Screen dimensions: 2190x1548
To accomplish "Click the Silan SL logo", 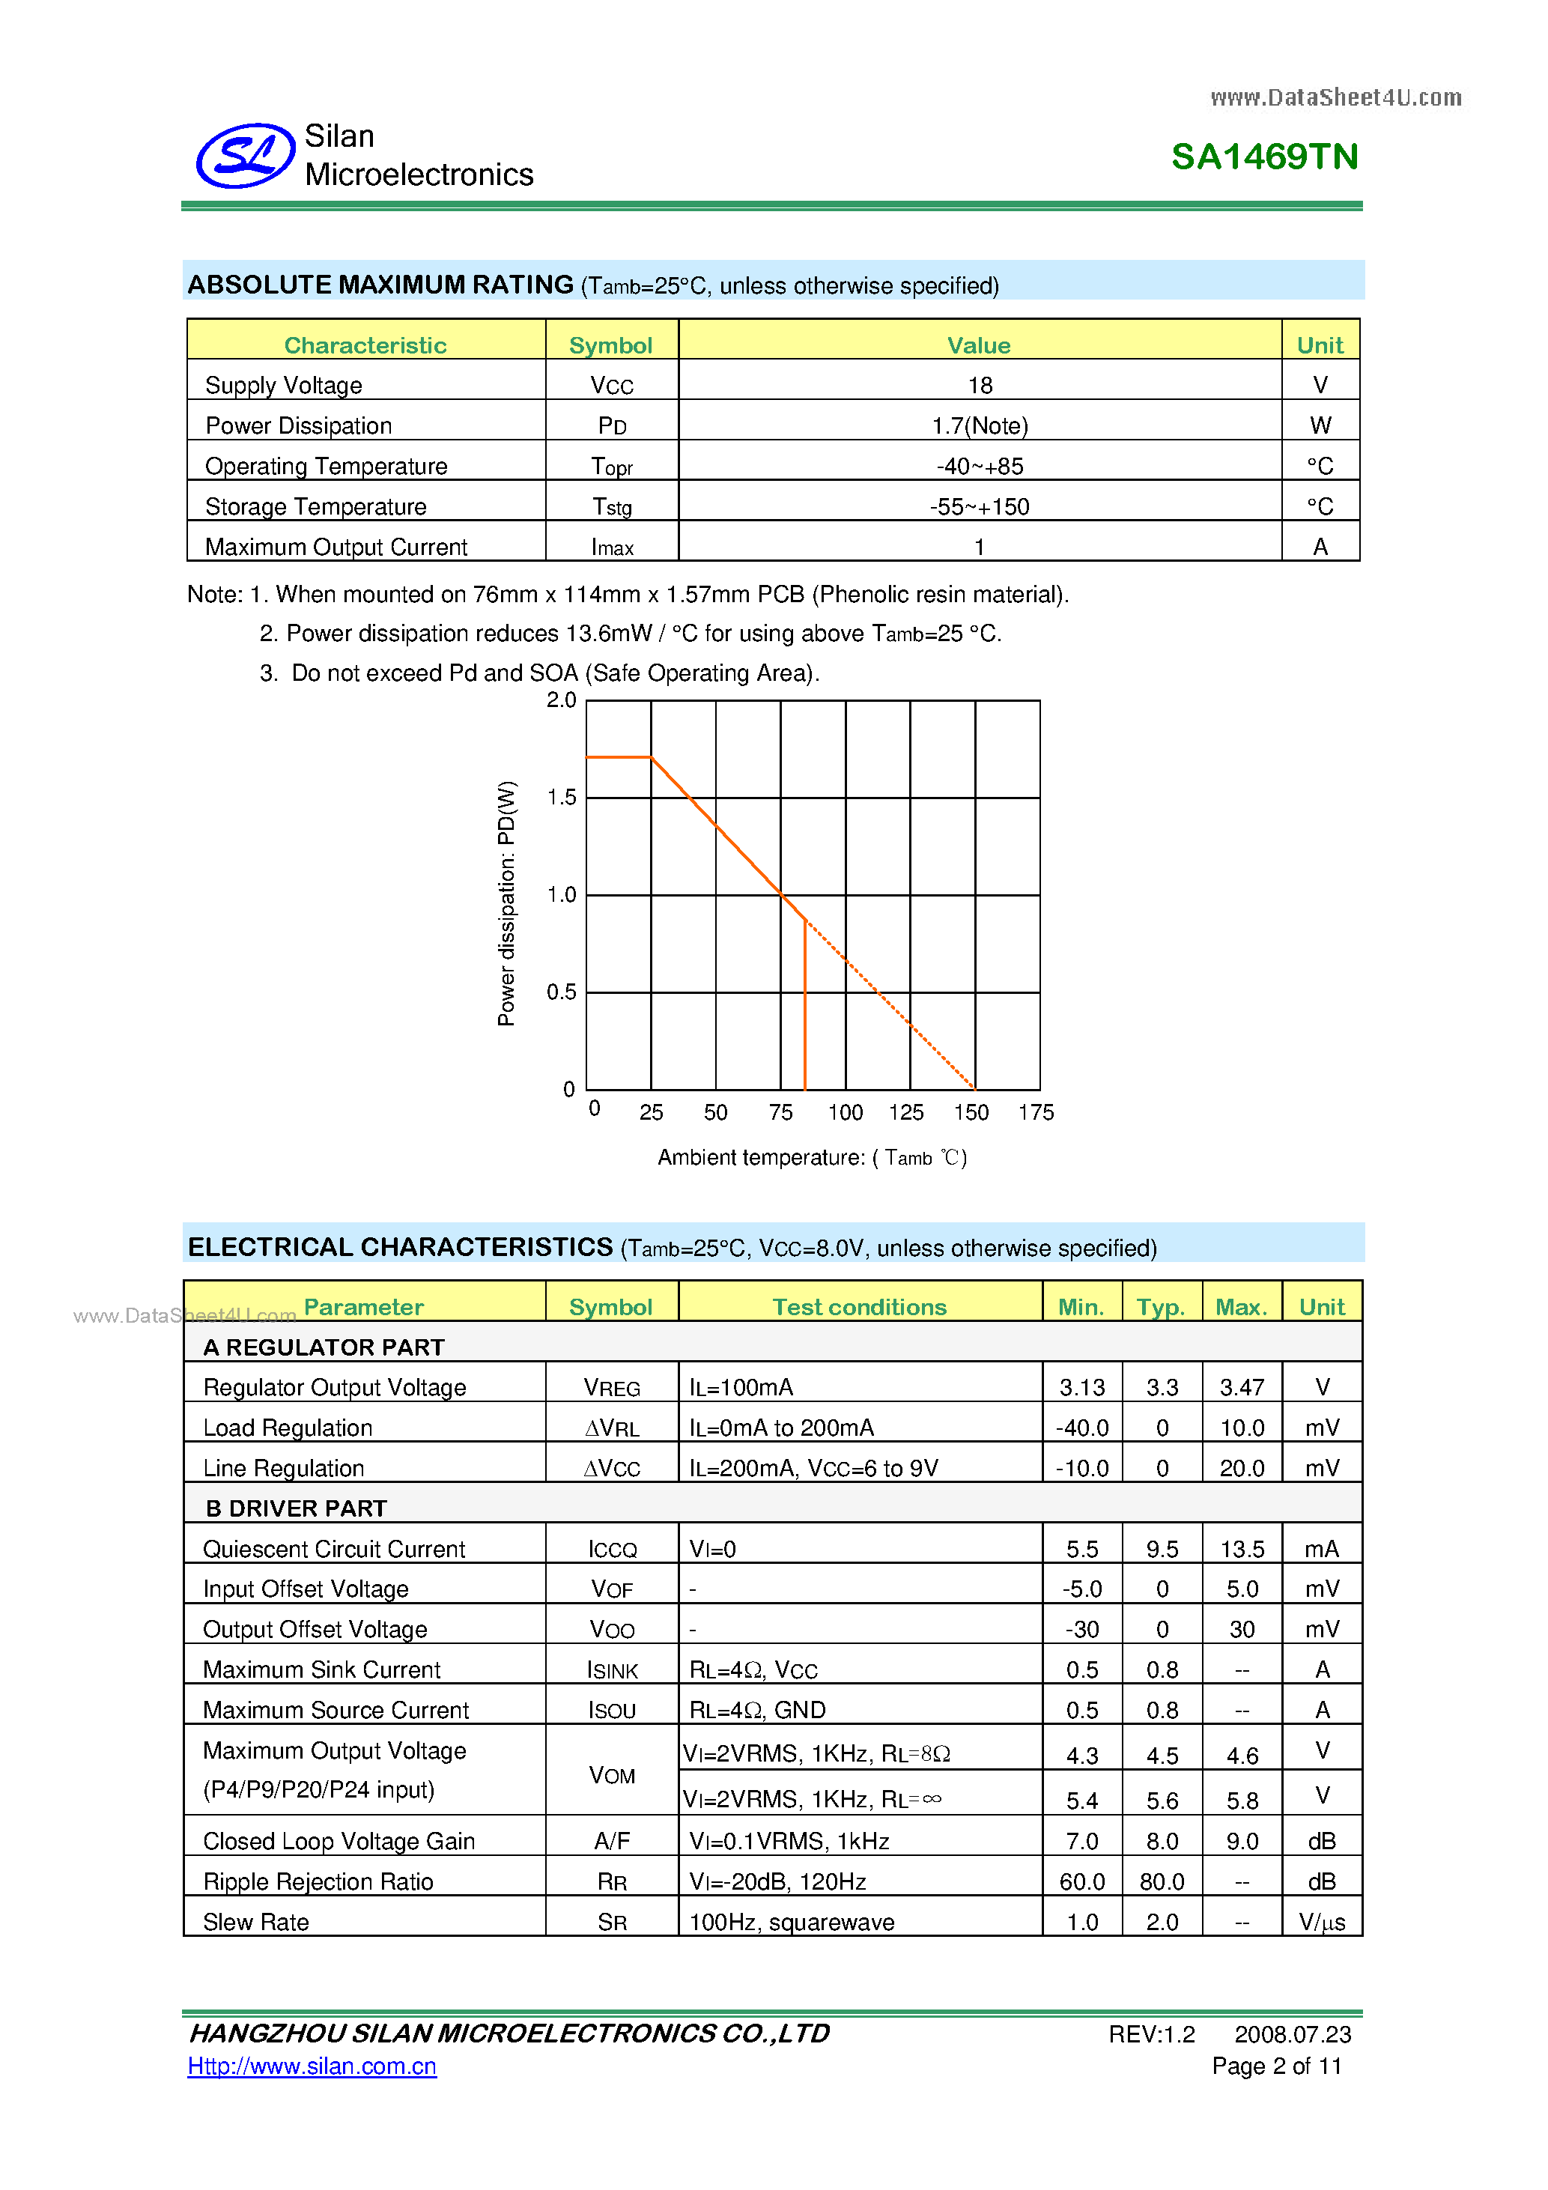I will pos(245,156).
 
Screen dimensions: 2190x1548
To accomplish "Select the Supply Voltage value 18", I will pos(980,386).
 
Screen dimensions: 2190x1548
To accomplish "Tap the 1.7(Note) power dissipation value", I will pos(980,425).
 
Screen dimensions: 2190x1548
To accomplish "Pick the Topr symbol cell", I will pos(611,467).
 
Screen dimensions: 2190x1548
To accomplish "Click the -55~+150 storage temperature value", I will pos(980,506).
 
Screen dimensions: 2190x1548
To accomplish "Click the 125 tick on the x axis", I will pos(906,1112).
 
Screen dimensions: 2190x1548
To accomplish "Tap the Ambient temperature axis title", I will pos(812,1157).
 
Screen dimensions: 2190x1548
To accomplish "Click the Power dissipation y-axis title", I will pos(506,903).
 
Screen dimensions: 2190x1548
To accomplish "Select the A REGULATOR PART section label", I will pos(324,1347).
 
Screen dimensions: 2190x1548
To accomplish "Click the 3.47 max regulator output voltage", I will pos(1242,1387).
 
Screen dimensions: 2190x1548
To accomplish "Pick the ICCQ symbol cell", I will pos(611,1549).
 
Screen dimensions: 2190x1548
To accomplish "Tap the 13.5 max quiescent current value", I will pos(1242,1549).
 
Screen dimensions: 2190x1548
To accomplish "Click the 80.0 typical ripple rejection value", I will pos(1162,1882).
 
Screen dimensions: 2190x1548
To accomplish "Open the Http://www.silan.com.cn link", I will pos(312,2066).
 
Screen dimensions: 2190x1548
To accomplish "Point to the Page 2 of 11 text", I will pos(1276,2066).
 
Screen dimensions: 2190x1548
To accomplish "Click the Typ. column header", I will pos(1161,1307).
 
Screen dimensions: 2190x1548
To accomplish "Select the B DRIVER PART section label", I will pos(296,1508).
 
